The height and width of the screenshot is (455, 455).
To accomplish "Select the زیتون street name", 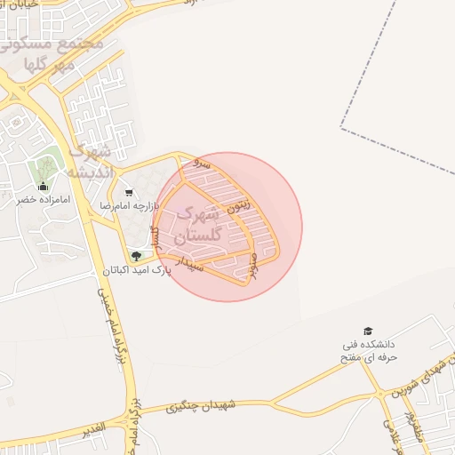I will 238,205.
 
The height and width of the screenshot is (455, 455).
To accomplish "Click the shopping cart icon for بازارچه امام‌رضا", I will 130,193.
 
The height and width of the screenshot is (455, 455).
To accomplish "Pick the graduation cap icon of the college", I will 369,331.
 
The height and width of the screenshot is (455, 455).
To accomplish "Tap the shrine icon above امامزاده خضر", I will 44,187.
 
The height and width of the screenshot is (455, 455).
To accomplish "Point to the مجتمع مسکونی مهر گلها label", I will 62,53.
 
